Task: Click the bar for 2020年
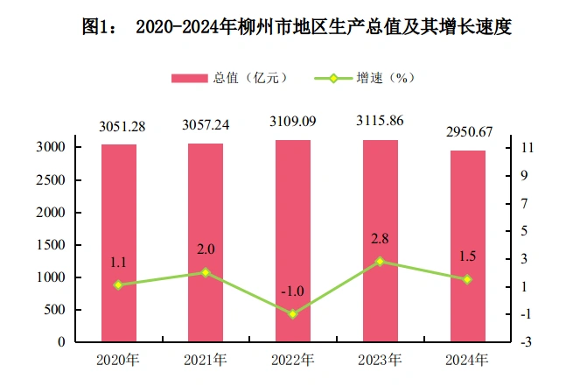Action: click(118, 242)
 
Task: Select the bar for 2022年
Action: click(293, 241)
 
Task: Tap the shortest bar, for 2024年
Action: click(467, 246)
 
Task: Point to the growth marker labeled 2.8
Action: click(380, 261)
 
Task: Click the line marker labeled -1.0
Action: click(293, 313)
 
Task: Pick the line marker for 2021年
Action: click(206, 272)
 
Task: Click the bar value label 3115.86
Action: click(380, 123)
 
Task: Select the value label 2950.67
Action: click(468, 133)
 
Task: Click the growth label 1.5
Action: click(469, 256)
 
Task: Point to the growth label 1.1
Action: click(119, 262)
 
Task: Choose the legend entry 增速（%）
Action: click(366, 78)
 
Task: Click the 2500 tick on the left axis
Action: click(52, 180)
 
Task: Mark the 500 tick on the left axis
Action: click(55, 310)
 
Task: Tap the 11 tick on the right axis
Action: click(527, 148)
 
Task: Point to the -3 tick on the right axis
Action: click(526, 341)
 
